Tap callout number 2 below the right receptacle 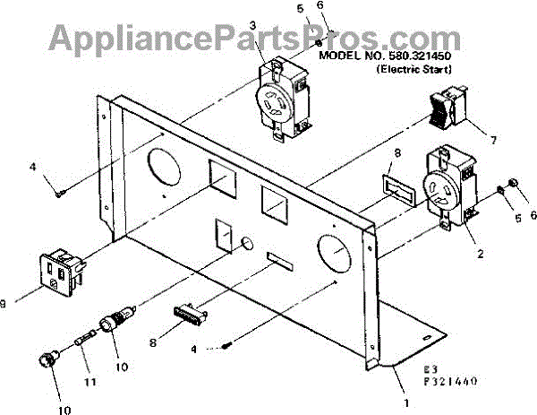480,255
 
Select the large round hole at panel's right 336,254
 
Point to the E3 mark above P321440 430,369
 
